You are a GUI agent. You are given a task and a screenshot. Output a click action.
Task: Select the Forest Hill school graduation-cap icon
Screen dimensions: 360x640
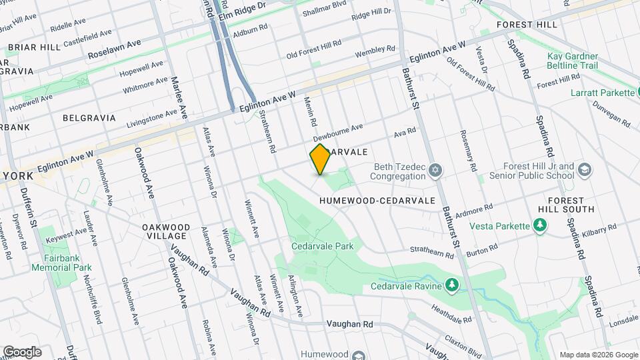[585, 170]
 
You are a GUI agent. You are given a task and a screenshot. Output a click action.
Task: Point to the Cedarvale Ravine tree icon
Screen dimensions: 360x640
[453, 285]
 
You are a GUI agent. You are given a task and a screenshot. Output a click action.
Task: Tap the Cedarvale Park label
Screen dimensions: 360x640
[322, 246]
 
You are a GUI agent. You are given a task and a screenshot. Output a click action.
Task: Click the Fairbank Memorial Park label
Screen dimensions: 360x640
[61, 262]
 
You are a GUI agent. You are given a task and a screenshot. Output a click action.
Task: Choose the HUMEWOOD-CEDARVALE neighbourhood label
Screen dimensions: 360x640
[377, 200]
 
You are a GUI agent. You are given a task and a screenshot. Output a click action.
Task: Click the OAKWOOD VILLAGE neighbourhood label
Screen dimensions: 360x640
[166, 232]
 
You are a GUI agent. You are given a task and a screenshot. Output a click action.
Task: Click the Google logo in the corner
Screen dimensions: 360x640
[22, 351]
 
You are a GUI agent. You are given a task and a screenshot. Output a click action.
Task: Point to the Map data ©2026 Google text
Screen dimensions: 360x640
[597, 355]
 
